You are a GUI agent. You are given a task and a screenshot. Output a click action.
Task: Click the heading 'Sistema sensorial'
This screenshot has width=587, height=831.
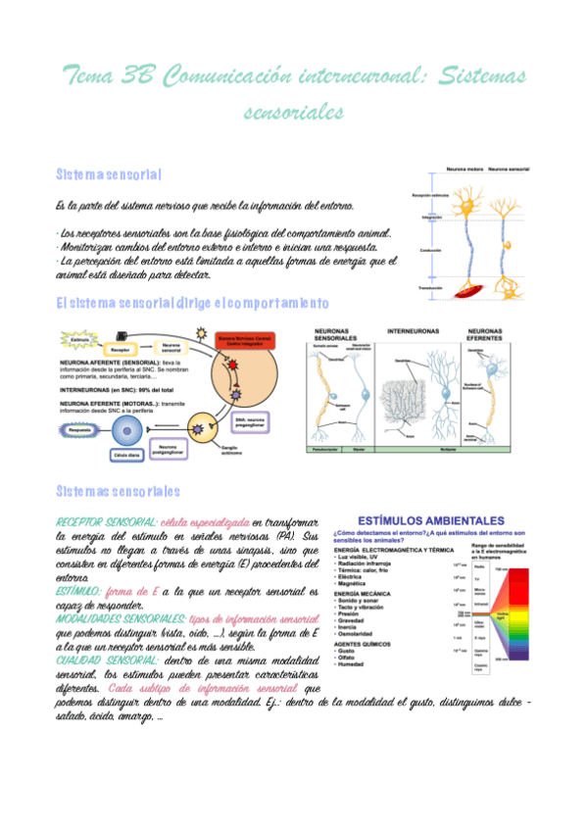point(109,173)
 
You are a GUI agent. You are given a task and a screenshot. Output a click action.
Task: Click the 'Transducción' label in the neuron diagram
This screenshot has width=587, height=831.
point(429,288)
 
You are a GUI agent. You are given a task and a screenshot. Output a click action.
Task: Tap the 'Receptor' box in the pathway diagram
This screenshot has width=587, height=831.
point(121,349)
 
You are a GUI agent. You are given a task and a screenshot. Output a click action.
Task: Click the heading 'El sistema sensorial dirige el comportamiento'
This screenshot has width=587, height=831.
point(192,302)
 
